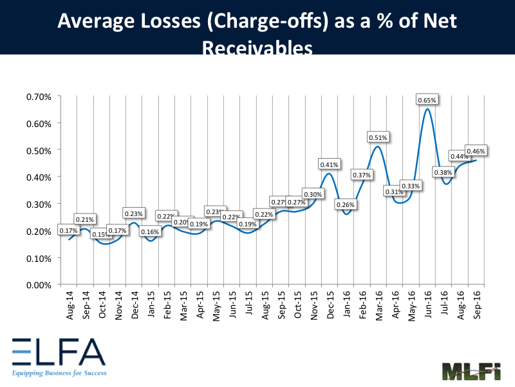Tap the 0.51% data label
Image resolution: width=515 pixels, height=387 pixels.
(x=379, y=137)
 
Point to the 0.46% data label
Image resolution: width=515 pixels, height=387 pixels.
(x=476, y=151)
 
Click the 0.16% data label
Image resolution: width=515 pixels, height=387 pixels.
(x=150, y=232)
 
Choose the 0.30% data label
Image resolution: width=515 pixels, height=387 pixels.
(x=313, y=194)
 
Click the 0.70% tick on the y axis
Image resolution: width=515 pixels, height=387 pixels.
(x=39, y=97)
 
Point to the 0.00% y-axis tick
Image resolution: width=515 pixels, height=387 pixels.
(x=39, y=284)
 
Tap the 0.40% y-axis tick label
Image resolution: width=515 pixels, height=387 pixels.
(x=39, y=177)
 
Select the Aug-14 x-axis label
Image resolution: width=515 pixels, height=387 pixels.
(x=69, y=301)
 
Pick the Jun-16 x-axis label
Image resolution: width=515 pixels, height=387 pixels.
(x=427, y=301)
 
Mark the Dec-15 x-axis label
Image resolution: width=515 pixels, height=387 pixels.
(x=330, y=301)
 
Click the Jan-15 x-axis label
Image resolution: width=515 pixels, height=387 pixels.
(x=150, y=301)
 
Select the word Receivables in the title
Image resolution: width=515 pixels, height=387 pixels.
(x=257, y=48)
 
